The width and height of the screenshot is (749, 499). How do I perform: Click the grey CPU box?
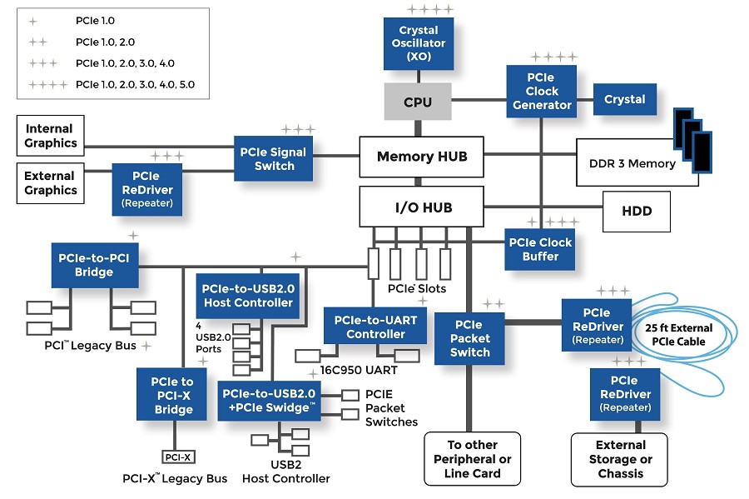click(418, 102)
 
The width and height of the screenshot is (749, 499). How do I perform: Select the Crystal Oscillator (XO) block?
click(419, 43)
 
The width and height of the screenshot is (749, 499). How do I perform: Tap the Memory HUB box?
click(421, 157)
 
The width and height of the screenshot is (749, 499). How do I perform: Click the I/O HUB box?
click(421, 207)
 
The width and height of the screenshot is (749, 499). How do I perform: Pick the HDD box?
click(637, 211)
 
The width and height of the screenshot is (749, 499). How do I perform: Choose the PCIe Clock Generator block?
click(542, 91)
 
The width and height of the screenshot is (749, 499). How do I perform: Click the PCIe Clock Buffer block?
click(540, 249)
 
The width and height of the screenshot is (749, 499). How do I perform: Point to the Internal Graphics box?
click(50, 136)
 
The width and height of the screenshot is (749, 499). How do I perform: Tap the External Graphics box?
click(50, 183)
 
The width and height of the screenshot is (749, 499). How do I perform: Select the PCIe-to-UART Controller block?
click(375, 327)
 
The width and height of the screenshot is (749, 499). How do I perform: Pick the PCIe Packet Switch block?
click(469, 338)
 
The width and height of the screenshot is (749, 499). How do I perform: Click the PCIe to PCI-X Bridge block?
click(173, 396)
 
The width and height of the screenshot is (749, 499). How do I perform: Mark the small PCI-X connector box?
click(177, 457)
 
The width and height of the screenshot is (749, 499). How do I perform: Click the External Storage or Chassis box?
click(620, 459)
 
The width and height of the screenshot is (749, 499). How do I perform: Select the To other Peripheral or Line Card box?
click(473, 459)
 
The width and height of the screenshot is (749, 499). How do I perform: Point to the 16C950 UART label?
click(359, 370)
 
